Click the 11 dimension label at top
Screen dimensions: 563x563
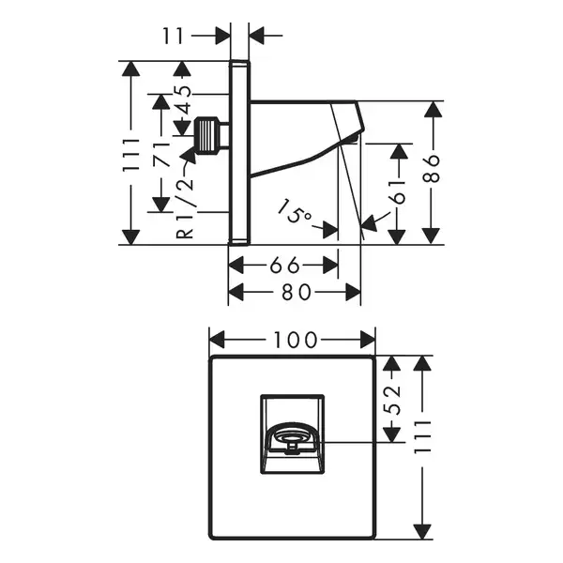click(173, 36)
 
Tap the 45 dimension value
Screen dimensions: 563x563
click(184, 99)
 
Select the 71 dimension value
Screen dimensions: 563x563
click(160, 155)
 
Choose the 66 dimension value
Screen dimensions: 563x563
click(284, 266)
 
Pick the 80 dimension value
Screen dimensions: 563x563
click(296, 292)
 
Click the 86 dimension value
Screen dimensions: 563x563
click(432, 169)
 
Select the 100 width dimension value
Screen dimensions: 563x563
click(296, 340)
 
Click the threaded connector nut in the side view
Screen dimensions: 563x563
click(206, 136)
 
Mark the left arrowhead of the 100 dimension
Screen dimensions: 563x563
click(217, 340)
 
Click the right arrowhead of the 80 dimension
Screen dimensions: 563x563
click(354, 292)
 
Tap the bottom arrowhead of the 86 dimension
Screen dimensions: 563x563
click(432, 236)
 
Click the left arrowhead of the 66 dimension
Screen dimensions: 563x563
click(236, 266)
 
